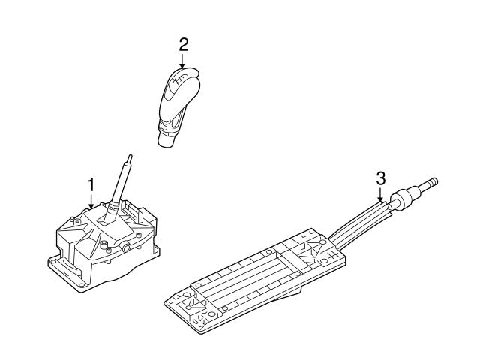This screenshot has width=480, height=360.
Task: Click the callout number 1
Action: tap(91, 185)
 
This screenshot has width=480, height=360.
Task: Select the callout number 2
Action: tap(183, 45)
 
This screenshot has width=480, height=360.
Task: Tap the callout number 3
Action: tap(380, 178)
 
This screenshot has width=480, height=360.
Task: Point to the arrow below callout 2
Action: tap(182, 61)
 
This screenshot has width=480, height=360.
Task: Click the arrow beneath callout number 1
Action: tap(91, 202)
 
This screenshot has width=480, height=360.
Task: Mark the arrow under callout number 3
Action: tap(380, 194)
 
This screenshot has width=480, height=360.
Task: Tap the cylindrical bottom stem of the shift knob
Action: tap(166, 140)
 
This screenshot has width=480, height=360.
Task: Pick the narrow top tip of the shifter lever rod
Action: tap(130, 158)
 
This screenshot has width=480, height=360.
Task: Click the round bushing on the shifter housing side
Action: tap(125, 247)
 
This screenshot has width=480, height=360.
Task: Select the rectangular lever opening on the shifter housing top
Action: tap(103, 223)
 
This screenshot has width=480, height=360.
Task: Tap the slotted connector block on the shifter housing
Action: tap(133, 212)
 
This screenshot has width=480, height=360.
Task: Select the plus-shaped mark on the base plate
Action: tap(332, 253)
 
